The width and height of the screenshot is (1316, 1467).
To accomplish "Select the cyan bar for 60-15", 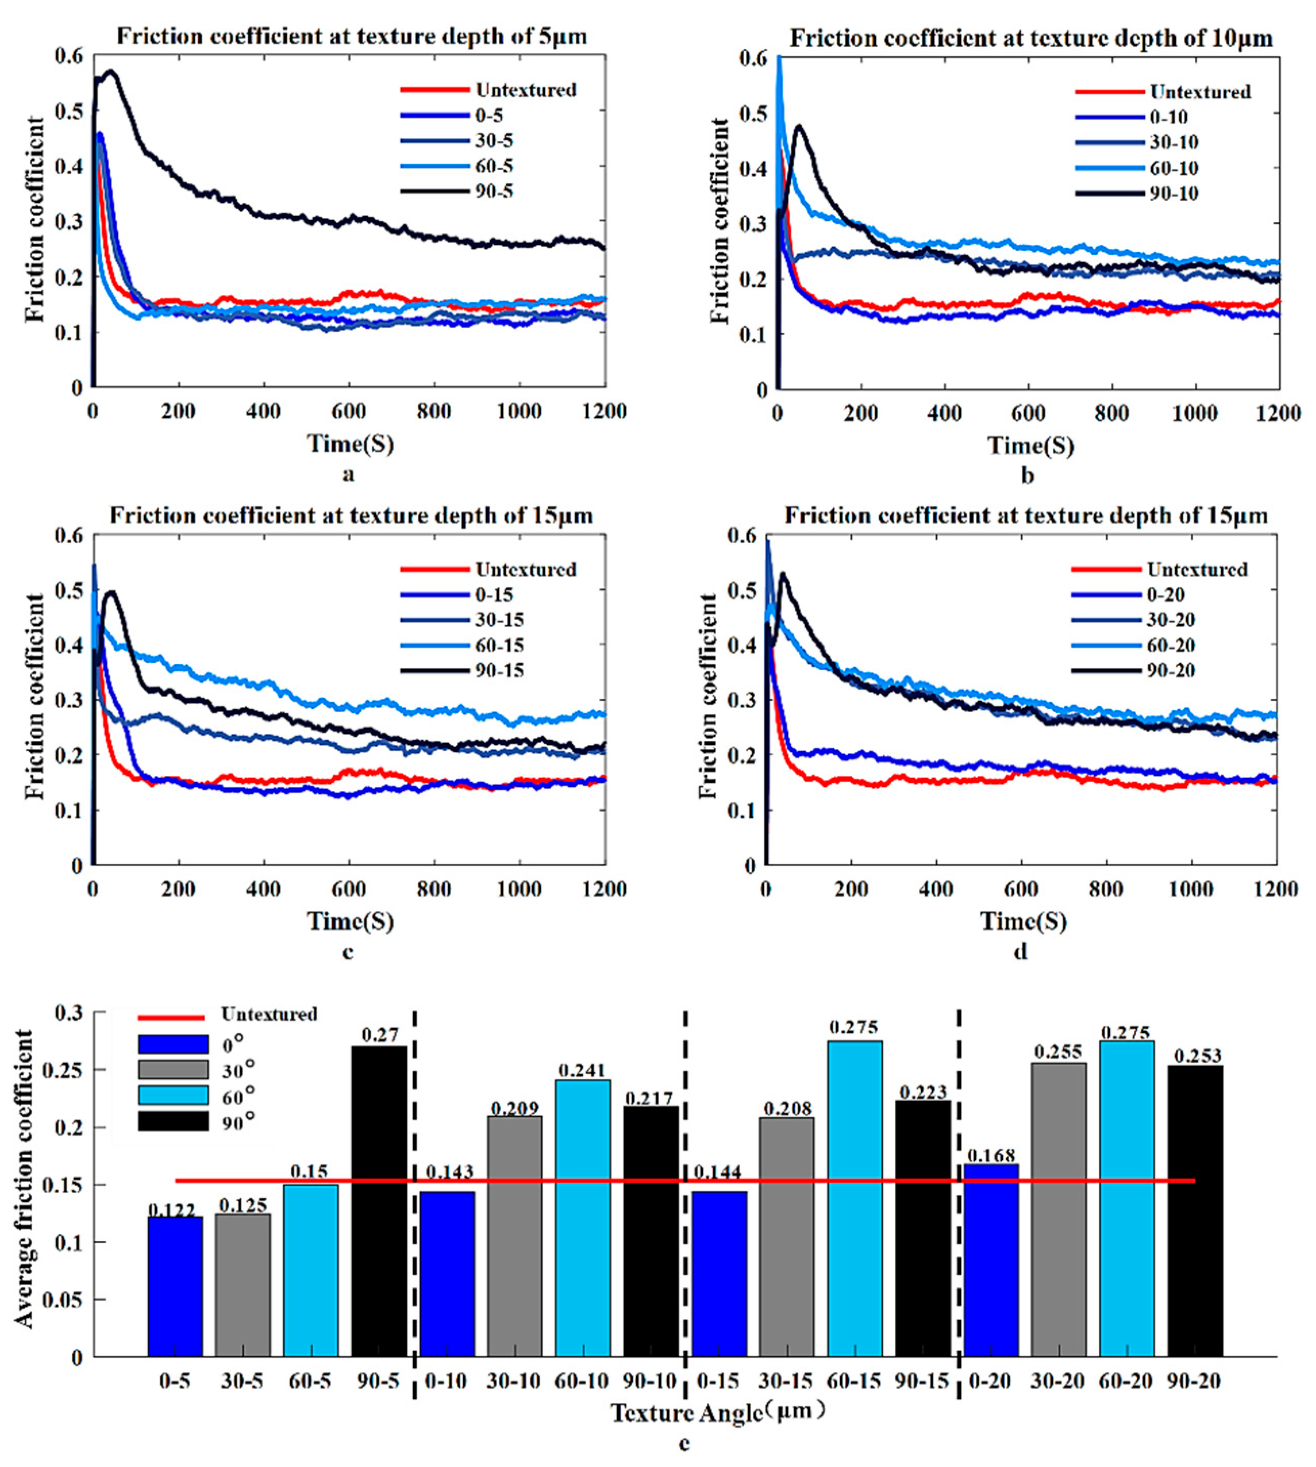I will (x=855, y=1197).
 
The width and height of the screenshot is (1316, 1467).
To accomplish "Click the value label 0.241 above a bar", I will (x=582, y=1070).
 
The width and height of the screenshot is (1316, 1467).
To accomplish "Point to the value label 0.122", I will (x=175, y=1209).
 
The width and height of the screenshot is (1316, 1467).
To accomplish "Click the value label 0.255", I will (x=1058, y=1052).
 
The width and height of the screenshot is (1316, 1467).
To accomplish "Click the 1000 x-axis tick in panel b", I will (x=1194, y=414).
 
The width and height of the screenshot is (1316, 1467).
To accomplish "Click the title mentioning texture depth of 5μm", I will (x=352, y=36).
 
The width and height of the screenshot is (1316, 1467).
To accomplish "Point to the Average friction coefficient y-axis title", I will (x=25, y=1179).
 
